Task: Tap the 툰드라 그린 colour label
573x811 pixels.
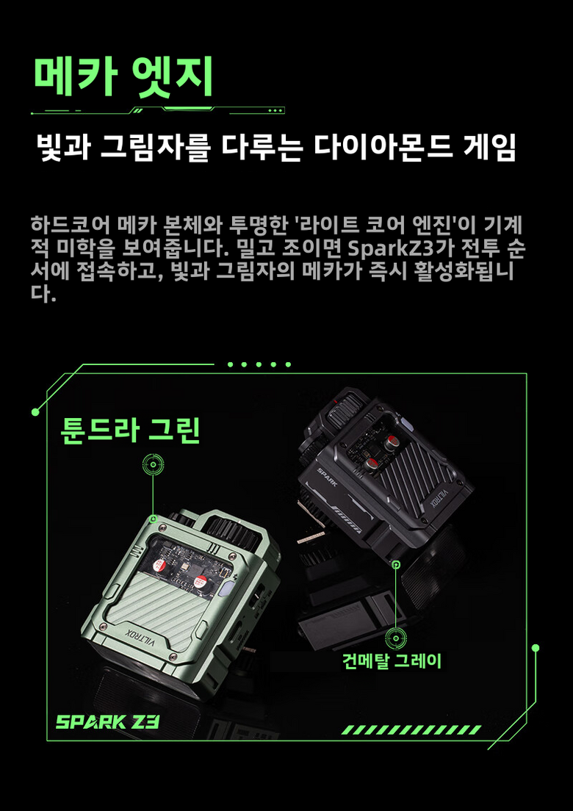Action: pos(130,430)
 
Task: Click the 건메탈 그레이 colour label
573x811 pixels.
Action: pos(392,660)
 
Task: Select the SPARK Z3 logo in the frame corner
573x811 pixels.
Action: pos(107,721)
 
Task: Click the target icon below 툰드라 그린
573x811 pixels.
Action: pos(153,465)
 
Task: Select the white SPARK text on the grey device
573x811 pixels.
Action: pos(328,476)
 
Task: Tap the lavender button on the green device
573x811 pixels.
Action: pos(226,591)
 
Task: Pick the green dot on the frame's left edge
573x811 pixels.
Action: pos(35,411)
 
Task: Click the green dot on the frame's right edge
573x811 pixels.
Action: pos(536,648)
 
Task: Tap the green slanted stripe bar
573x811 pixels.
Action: pos(411,729)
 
